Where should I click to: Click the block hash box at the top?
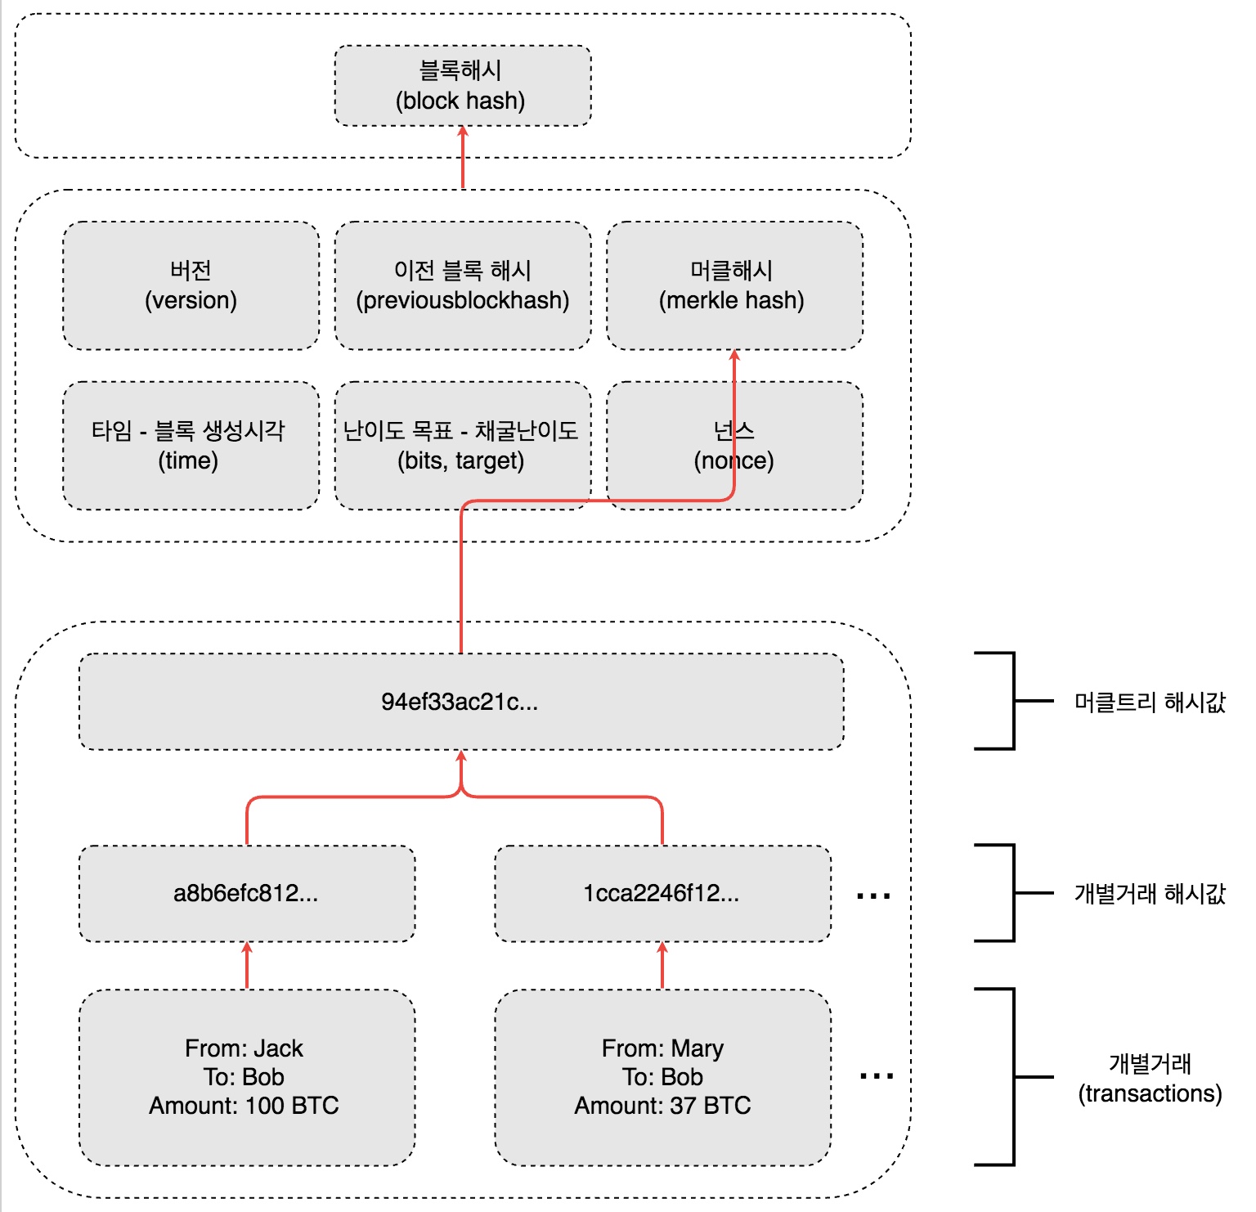(x=462, y=85)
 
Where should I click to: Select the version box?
(x=191, y=285)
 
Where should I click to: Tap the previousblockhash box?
(x=462, y=285)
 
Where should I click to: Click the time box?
(x=191, y=446)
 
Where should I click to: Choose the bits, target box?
(x=462, y=446)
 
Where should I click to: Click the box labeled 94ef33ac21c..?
(x=460, y=702)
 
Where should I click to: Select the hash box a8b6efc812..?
(x=246, y=893)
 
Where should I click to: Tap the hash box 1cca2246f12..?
(x=662, y=893)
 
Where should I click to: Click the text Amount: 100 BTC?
(x=244, y=1106)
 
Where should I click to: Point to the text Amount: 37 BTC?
(x=662, y=1106)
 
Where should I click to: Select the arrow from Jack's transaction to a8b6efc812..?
(x=247, y=966)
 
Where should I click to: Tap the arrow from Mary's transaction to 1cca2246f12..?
(x=662, y=966)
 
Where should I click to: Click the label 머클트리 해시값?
(x=1149, y=702)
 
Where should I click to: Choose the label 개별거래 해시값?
(x=1149, y=893)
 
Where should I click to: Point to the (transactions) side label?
(x=1150, y=1093)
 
